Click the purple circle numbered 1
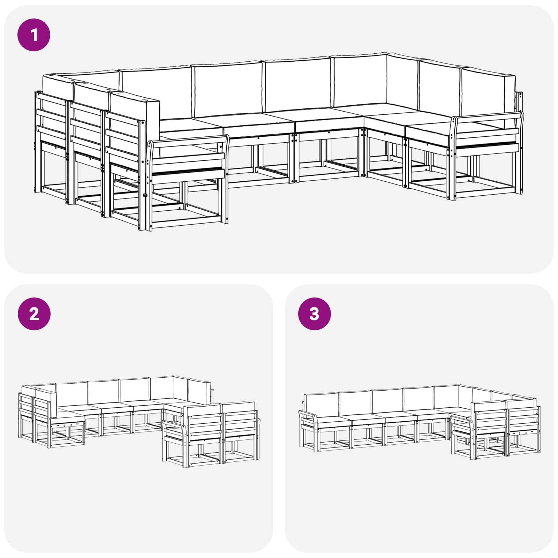click(x=34, y=35)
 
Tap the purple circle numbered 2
click(x=34, y=314)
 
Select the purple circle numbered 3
click(x=314, y=314)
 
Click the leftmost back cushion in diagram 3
click(x=321, y=405)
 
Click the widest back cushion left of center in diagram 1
click(x=155, y=92)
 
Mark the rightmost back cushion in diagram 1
click(x=488, y=92)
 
